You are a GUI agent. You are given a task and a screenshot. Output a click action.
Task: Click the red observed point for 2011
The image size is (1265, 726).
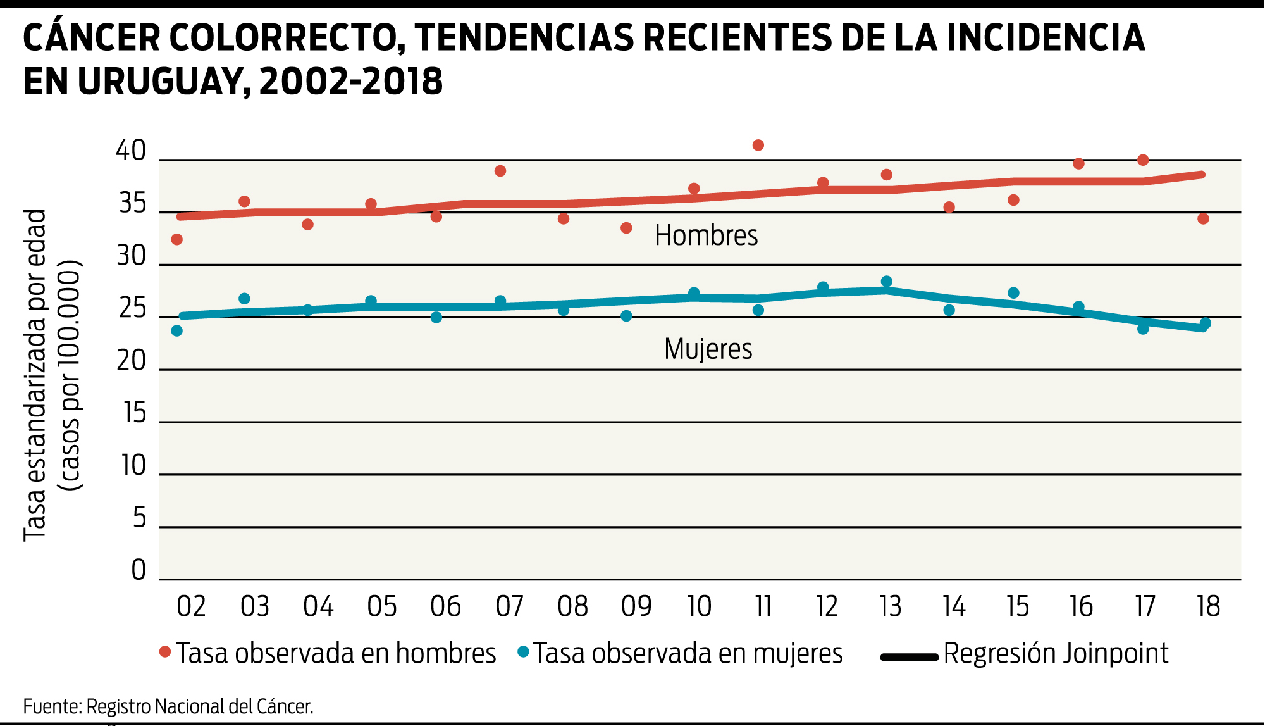(758, 146)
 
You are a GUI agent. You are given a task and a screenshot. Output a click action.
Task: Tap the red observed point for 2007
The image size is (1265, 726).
(500, 171)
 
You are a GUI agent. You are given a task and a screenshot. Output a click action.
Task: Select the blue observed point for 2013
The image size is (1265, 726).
(887, 282)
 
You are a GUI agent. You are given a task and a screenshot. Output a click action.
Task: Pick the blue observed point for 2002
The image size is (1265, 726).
(177, 331)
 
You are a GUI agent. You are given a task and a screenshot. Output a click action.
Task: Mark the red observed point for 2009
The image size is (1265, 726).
(627, 228)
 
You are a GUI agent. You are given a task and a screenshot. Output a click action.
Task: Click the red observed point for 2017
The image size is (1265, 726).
(1143, 160)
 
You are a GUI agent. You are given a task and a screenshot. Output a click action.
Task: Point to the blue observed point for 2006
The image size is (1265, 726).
(436, 317)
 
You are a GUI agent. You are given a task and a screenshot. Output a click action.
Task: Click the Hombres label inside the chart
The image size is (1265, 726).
(706, 235)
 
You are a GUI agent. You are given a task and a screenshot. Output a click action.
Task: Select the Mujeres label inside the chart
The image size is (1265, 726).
(708, 349)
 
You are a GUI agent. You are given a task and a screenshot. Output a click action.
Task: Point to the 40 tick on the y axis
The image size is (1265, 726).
(131, 151)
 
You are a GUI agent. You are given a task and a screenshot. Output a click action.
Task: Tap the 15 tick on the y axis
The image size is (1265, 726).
(134, 413)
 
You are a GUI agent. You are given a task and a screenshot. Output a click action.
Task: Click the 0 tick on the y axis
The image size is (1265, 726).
(139, 570)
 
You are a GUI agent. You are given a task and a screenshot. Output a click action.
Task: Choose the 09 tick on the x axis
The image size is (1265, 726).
(636, 606)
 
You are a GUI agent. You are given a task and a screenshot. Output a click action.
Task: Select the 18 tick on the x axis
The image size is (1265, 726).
(1209, 606)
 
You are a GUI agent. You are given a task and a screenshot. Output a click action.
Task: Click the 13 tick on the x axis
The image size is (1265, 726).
(891, 606)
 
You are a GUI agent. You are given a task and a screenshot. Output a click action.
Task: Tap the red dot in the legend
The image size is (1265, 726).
(165, 652)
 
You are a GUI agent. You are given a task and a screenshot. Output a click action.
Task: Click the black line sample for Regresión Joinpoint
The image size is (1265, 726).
(910, 658)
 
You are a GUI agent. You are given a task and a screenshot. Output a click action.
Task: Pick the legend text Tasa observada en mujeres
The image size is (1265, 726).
(688, 654)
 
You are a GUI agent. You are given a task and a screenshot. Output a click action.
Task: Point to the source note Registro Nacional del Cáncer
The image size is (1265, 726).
(200, 706)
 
